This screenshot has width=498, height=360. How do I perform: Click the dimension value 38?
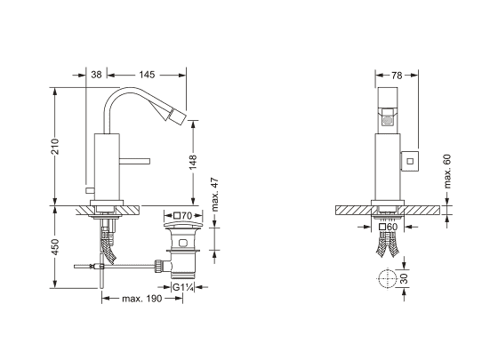tap(96, 75)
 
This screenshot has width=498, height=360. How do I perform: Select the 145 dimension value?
tap(147, 75)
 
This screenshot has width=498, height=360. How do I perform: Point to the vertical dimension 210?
tap(55, 146)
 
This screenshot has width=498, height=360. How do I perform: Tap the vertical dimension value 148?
tap(193, 162)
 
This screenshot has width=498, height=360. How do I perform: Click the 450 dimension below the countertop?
tap(55, 247)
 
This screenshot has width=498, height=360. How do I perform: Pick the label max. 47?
tap(215, 195)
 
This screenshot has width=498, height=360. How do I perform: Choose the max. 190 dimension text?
tap(142, 299)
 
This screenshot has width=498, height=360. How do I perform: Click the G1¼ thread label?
tap(183, 287)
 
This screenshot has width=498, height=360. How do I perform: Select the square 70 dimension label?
tap(183, 216)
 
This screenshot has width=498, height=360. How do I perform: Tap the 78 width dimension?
tap(397, 76)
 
